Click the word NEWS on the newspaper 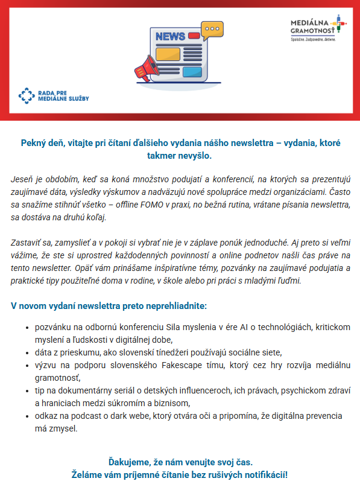pos(171,37)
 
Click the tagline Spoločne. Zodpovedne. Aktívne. pos(313,40)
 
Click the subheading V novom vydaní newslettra pos(109,305)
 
